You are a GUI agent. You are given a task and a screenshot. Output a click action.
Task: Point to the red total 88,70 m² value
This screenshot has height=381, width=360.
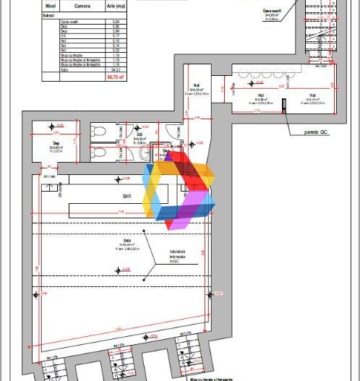pos(114,74)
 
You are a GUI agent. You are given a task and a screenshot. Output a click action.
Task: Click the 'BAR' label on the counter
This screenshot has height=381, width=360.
pos(117,195)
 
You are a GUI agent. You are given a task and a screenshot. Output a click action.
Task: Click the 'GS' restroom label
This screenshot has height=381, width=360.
pos(139,134)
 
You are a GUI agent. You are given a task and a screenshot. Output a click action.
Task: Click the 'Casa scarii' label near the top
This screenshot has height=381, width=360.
pos(273,11)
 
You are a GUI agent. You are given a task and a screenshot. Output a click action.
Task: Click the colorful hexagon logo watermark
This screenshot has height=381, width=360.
pos(179,191)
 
